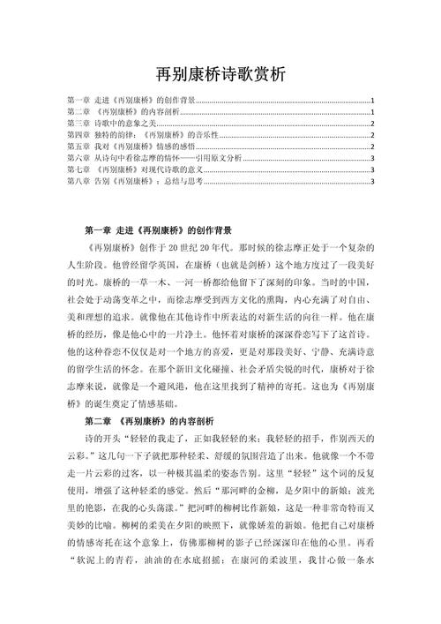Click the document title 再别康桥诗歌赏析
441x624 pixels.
point(220,74)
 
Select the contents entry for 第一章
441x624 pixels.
point(132,101)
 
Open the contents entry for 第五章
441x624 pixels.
point(132,147)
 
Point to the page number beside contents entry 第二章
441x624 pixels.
point(373,113)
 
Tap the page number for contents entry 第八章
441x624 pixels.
point(373,182)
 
